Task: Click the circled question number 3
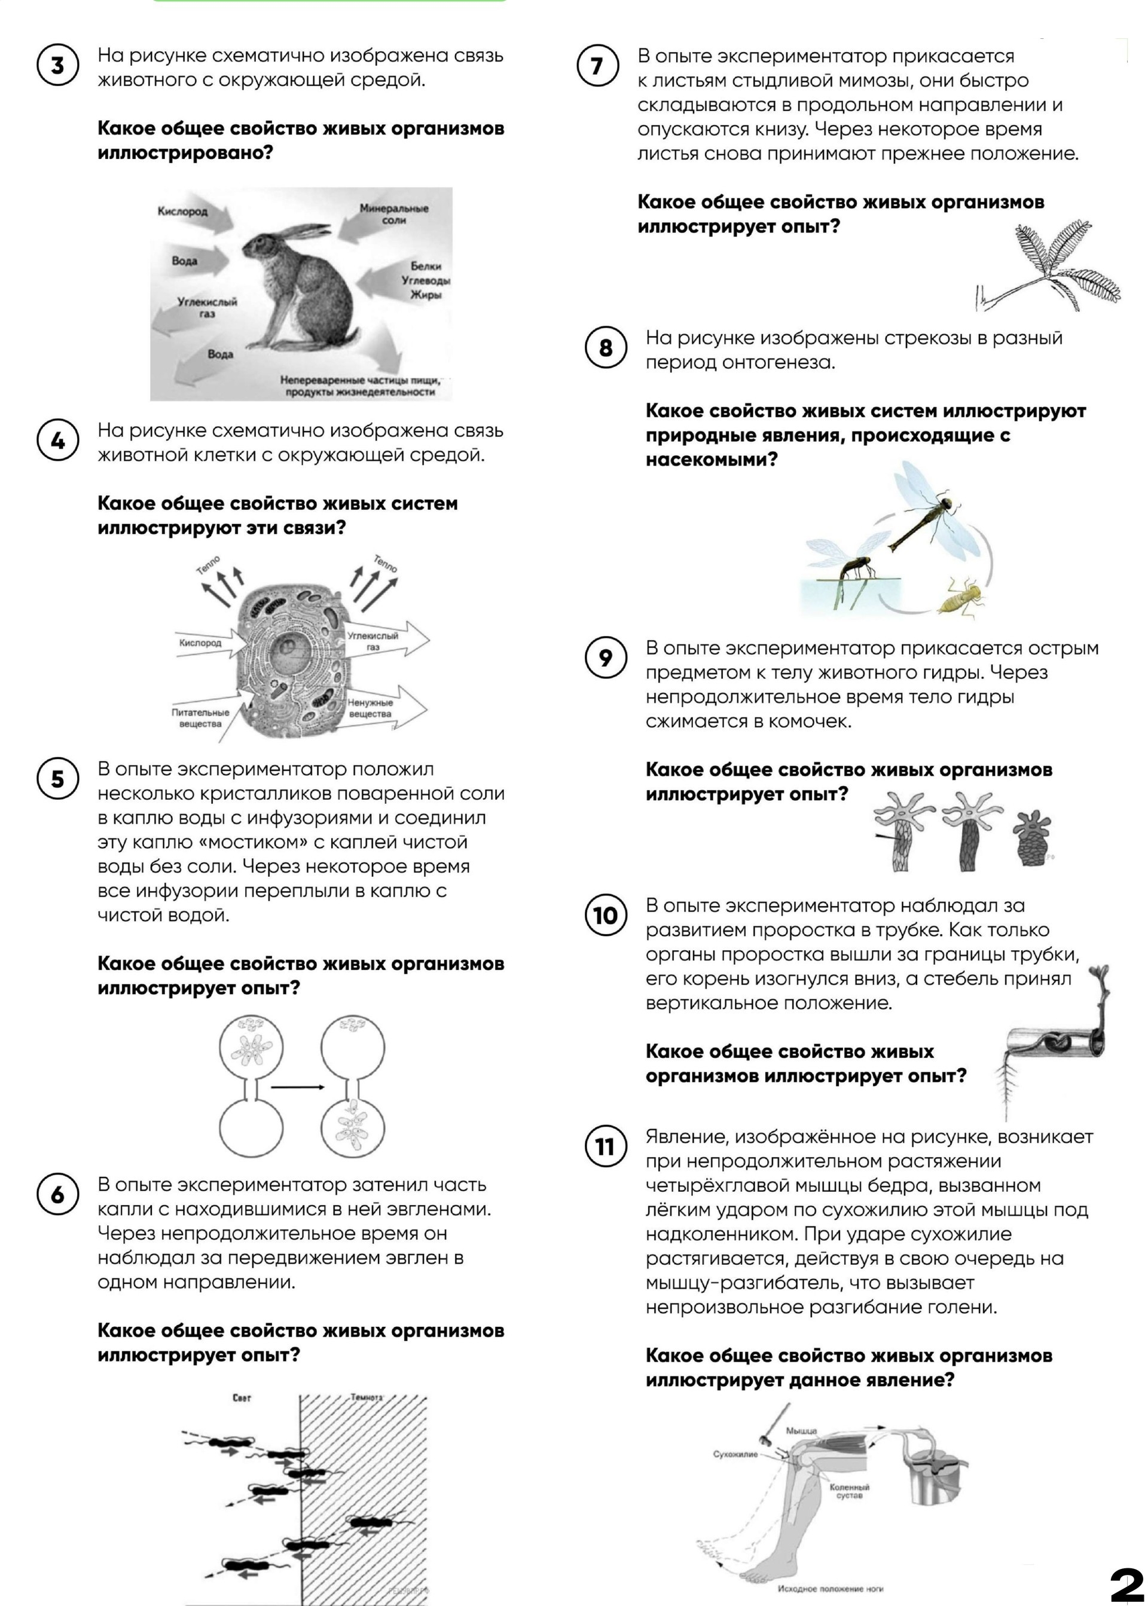click(57, 65)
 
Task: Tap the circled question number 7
click(597, 66)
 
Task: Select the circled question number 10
click(605, 915)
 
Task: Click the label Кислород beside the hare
click(182, 211)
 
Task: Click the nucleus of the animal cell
click(290, 647)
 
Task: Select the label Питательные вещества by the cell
click(200, 718)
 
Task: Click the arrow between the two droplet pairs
click(298, 1087)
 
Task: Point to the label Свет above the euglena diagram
click(242, 1397)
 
